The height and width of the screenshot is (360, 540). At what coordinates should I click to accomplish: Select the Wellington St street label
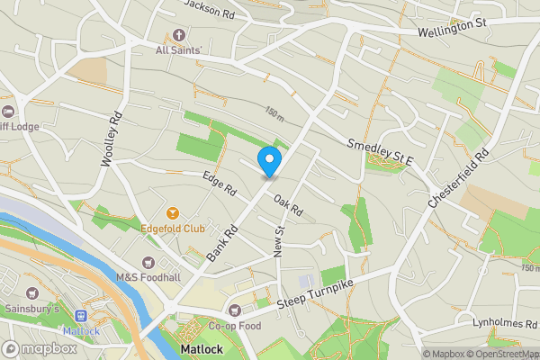(x=454, y=32)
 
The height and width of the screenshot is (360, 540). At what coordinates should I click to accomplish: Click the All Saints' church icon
(x=178, y=36)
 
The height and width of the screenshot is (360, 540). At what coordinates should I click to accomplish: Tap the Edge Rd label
(x=219, y=184)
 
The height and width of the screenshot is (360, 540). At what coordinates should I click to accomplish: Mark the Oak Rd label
(x=288, y=205)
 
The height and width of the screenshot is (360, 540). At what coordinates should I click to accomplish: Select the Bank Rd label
(x=220, y=243)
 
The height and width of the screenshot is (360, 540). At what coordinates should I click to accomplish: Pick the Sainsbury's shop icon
(x=33, y=293)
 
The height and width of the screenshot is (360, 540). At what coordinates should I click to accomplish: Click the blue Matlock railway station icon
(x=80, y=316)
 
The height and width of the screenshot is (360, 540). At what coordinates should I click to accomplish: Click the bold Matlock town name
(x=200, y=347)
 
